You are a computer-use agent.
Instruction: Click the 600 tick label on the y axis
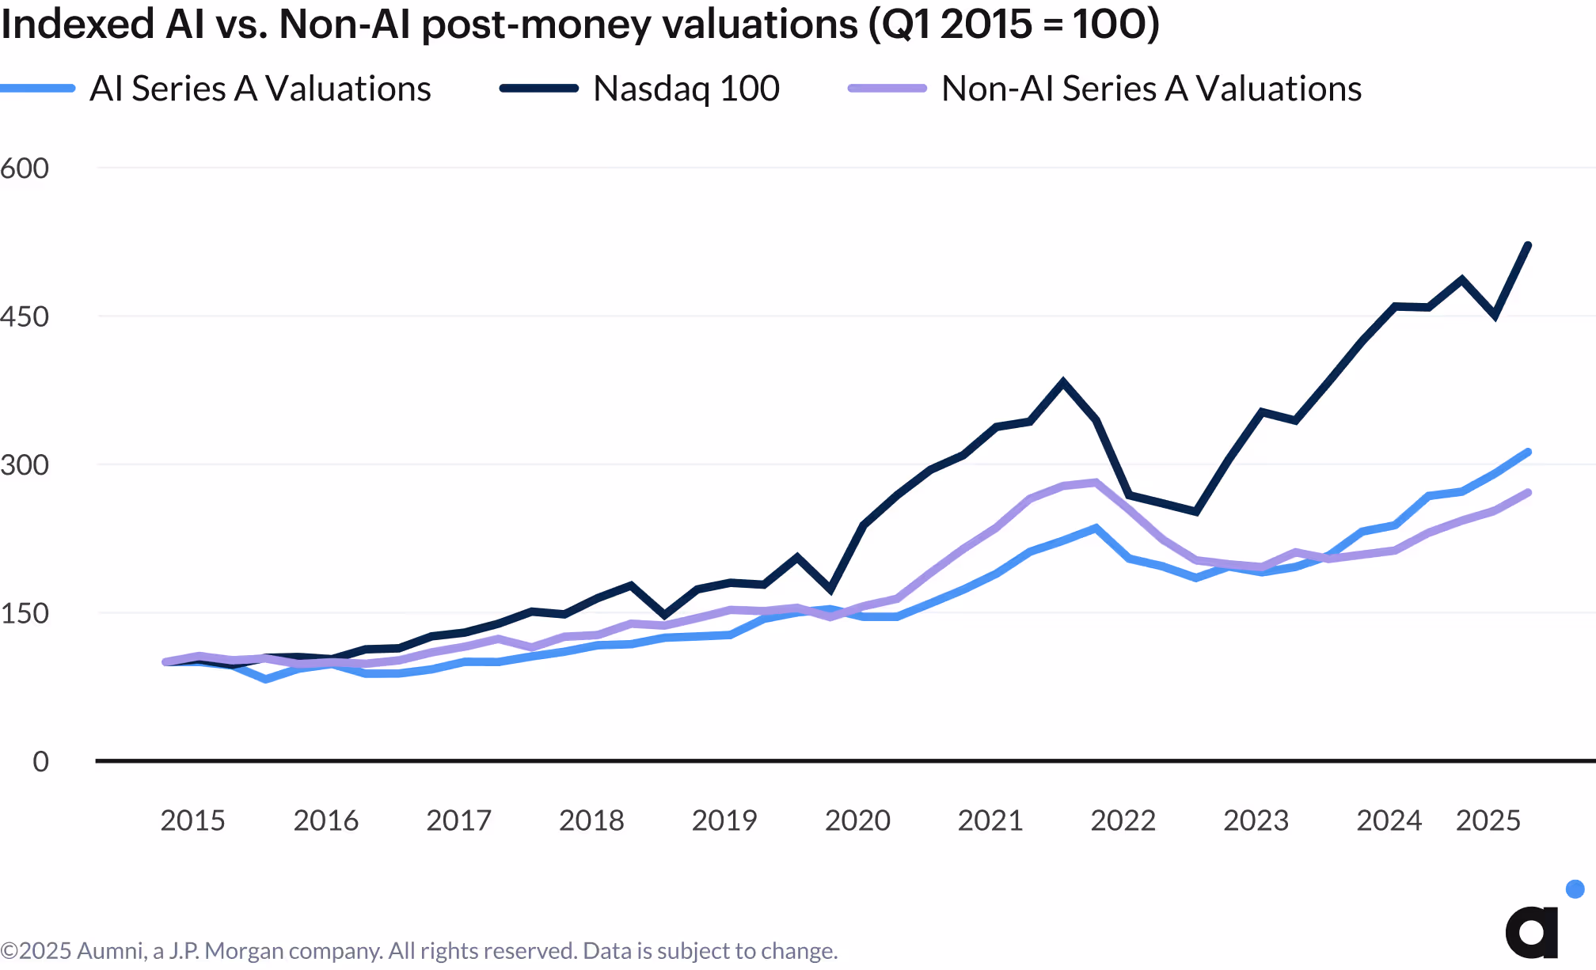click(25, 168)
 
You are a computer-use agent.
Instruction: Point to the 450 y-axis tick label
click(25, 316)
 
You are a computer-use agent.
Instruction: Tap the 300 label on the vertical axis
click(25, 464)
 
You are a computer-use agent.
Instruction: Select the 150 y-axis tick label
click(25, 613)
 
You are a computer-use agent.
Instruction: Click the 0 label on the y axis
click(40, 761)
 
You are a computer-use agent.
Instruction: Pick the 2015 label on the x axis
click(192, 820)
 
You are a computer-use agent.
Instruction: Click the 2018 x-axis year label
click(591, 820)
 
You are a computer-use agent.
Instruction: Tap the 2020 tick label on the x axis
click(857, 820)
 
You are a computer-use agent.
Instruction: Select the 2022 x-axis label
click(1123, 820)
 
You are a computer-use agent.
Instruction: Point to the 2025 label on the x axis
click(1488, 820)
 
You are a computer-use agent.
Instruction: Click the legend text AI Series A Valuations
click(260, 89)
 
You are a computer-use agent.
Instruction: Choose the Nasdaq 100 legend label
click(686, 89)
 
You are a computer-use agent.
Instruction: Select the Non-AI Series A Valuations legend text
click(1151, 89)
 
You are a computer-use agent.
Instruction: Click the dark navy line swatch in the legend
click(539, 89)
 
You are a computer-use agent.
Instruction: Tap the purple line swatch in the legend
click(887, 89)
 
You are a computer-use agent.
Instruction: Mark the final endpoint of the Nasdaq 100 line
click(1528, 245)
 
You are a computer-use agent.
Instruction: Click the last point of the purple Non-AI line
click(1528, 493)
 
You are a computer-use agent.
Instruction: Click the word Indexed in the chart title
click(78, 24)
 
